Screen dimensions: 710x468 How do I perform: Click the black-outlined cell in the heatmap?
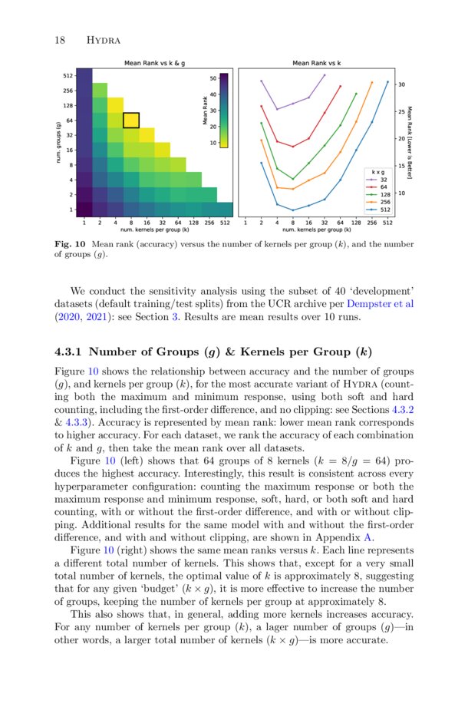click(x=131, y=120)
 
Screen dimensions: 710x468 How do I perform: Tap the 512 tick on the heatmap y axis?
click(x=68, y=75)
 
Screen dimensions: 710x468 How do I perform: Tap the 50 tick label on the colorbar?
click(x=213, y=78)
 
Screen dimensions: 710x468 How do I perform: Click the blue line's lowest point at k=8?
click(x=292, y=210)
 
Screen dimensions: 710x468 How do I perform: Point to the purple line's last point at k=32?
click(x=324, y=75)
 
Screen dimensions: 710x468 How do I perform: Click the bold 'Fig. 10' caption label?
click(x=70, y=244)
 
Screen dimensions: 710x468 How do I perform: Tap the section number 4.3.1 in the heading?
click(x=71, y=352)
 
